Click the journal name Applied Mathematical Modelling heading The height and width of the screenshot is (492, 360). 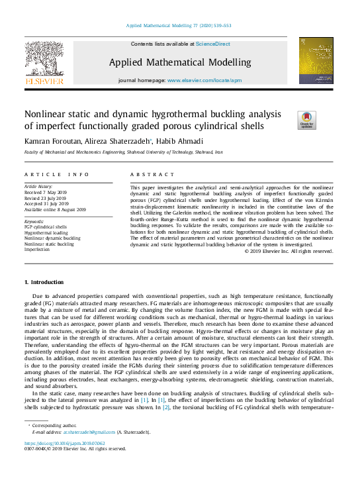pos(180,62)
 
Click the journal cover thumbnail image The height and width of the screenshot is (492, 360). pos(316,61)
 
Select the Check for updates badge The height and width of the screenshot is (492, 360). pos(306,119)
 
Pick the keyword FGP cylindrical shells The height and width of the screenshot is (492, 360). pos(46,226)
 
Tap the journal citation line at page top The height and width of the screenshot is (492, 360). pos(179,26)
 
